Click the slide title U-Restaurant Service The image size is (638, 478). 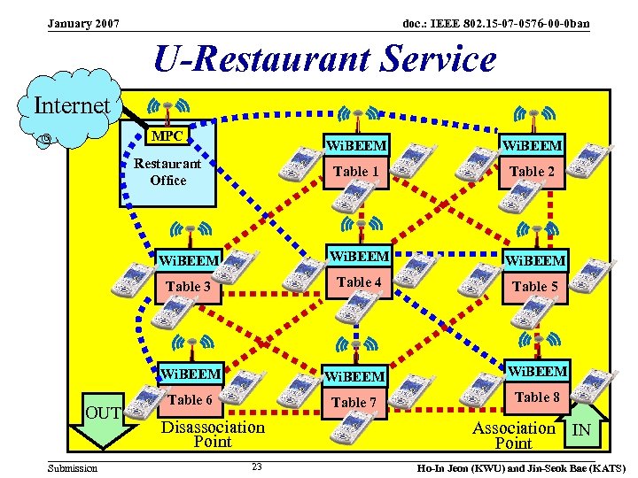click(324, 60)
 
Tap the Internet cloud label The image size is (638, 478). click(72, 106)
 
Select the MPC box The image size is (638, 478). click(167, 136)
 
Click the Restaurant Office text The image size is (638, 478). click(167, 172)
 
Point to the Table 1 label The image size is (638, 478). click(355, 171)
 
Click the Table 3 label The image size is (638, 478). click(188, 286)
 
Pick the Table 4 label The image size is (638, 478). click(359, 281)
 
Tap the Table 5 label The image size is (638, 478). click(535, 286)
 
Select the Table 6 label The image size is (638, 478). click(191, 399)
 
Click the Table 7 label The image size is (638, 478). click(354, 402)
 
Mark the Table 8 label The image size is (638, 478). click(538, 397)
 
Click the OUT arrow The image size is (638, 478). click(104, 419)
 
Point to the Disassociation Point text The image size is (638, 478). click(213, 434)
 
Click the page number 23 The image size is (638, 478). click(256, 467)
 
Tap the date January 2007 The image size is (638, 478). click(84, 23)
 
